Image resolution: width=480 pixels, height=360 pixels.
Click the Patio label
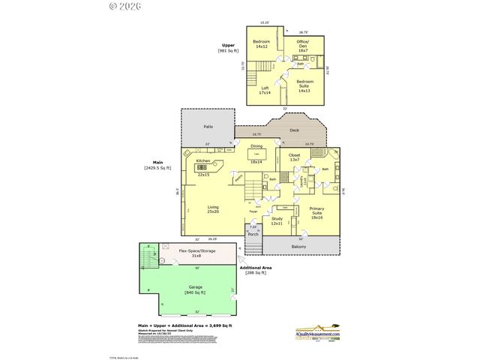click(x=208, y=127)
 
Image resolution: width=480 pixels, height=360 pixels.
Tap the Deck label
click(x=295, y=130)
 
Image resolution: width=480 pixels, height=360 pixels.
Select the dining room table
click(x=256, y=154)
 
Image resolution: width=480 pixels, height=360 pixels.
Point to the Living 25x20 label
click(x=214, y=209)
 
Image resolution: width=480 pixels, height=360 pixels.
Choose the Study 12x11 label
click(x=277, y=220)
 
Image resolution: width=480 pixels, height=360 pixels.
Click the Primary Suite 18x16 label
click(x=316, y=214)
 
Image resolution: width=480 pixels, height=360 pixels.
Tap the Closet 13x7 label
click(x=294, y=157)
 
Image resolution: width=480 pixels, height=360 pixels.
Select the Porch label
click(x=253, y=233)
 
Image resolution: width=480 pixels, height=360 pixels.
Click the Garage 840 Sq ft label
click(x=195, y=289)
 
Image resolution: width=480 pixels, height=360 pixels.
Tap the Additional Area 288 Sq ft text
click(x=255, y=270)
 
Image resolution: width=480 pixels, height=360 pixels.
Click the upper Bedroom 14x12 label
click(x=261, y=43)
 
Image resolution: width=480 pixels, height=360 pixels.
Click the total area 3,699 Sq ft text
click(x=184, y=325)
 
